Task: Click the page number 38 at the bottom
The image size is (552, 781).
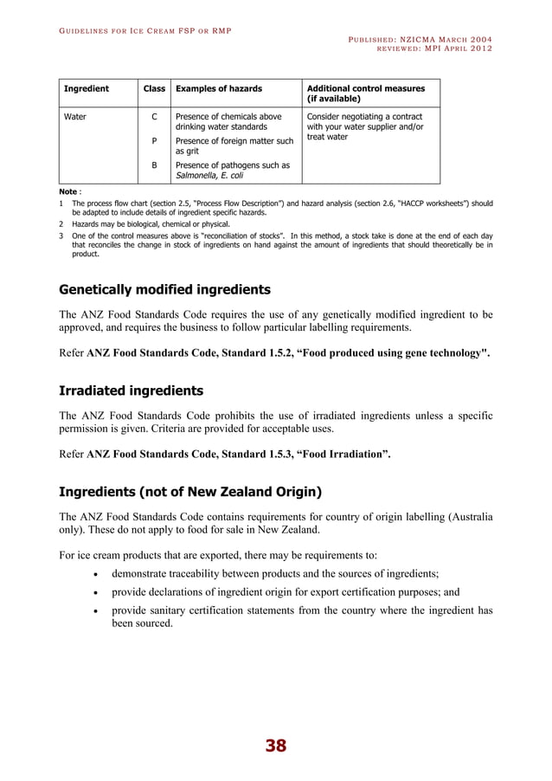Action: (x=276, y=745)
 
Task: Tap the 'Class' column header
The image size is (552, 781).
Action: (x=154, y=88)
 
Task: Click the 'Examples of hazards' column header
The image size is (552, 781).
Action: (x=218, y=88)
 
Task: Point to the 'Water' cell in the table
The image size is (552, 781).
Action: (x=76, y=116)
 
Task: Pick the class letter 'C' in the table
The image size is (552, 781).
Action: (x=154, y=116)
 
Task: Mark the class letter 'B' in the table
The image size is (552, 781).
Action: (x=154, y=165)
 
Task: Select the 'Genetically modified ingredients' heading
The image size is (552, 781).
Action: (x=164, y=289)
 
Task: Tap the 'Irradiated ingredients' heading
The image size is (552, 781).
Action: (x=131, y=390)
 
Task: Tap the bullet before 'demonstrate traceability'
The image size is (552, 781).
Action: (x=94, y=574)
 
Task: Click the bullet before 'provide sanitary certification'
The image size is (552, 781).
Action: (x=94, y=612)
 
